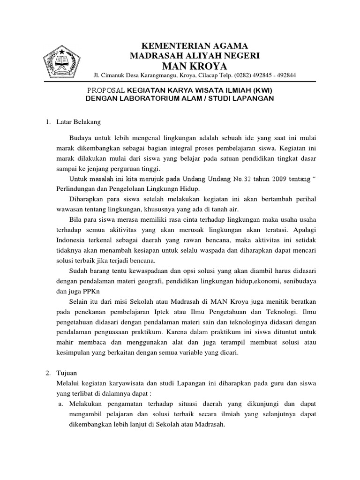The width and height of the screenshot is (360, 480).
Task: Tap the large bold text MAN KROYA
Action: click(x=194, y=65)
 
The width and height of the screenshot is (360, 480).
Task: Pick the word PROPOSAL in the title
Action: click(x=106, y=90)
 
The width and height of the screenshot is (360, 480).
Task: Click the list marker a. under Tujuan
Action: click(x=61, y=404)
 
